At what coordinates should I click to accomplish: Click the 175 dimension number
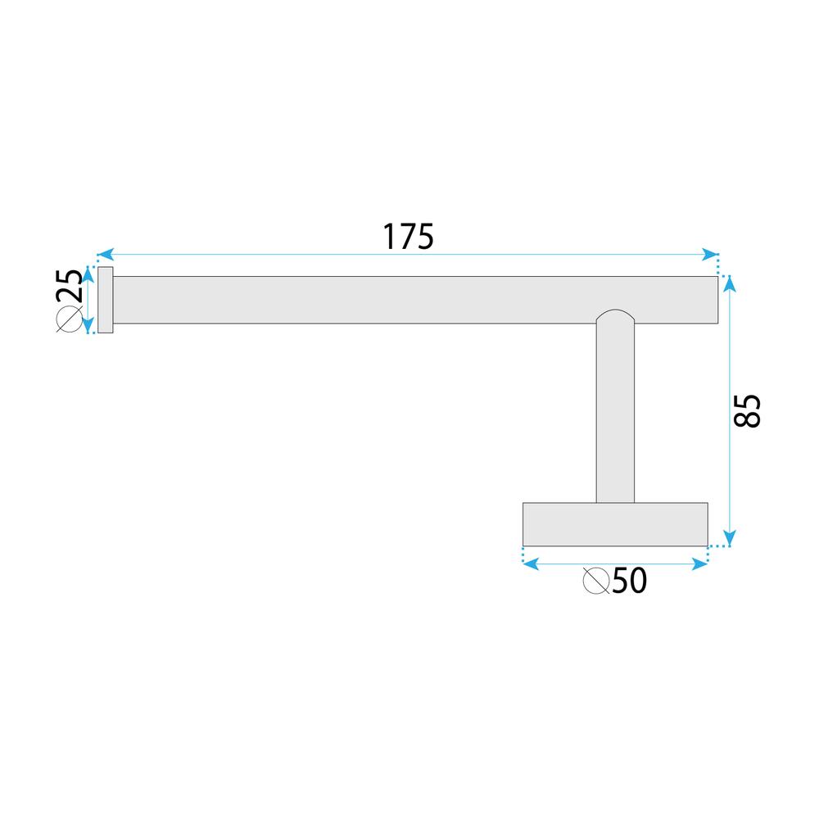pos(407,237)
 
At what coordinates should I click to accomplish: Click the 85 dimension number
pos(749,410)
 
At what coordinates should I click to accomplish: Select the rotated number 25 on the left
pos(70,287)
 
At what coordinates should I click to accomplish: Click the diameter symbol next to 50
pos(595,581)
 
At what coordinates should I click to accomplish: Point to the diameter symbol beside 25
pos(70,321)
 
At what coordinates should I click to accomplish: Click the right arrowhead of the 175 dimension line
pos(712,255)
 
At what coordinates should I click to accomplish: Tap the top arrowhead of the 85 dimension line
pos(731,283)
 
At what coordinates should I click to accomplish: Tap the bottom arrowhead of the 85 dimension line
pos(731,538)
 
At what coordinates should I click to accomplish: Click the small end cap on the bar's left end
pos(105,301)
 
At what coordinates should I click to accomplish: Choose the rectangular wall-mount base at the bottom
pos(614,524)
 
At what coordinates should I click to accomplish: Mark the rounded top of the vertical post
pos(615,317)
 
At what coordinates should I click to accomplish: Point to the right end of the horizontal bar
pos(713,301)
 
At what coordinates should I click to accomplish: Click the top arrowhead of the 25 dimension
pos(88,274)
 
